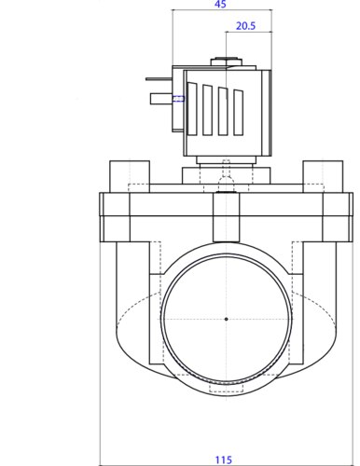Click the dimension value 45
point(220,5)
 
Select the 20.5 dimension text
point(245,26)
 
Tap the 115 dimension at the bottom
point(224,459)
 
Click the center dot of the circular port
point(226,319)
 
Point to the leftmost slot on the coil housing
point(192,109)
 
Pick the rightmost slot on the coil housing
point(239,113)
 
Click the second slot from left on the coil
point(207,110)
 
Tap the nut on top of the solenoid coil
point(226,62)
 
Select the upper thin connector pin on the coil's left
point(159,79)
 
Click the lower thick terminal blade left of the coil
point(161,99)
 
